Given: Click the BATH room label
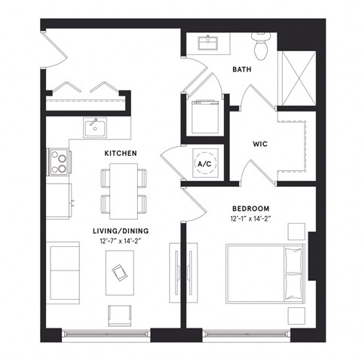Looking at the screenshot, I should [241, 70].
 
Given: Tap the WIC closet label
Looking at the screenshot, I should [260, 142].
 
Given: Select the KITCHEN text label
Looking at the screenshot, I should [120, 153].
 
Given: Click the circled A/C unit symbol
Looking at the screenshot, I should [204, 163].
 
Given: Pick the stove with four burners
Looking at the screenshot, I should [59, 160].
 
